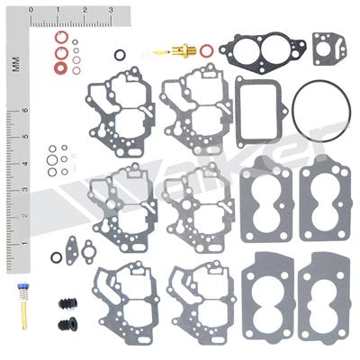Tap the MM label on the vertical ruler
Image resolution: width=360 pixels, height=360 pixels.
coord(15,62)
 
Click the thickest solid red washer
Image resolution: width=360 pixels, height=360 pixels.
coord(60,52)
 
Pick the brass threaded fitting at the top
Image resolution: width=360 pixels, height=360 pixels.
coord(183,51)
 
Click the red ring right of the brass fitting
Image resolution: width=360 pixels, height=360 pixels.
coord(207,49)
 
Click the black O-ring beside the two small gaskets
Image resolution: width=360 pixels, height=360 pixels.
coord(57,257)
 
